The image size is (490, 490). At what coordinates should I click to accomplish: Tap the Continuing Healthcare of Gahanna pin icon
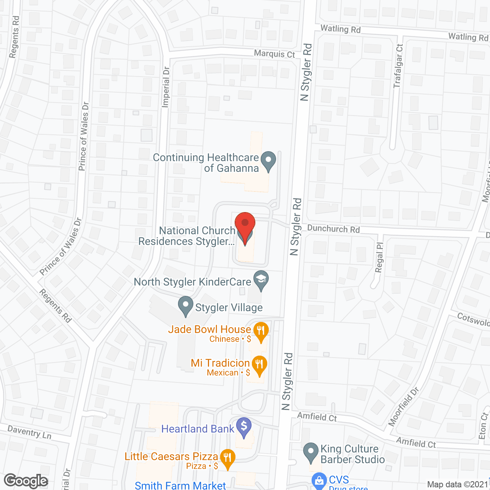point(268,161)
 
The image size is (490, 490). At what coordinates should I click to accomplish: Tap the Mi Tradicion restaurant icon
point(260,366)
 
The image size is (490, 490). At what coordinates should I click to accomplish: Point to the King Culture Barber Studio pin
point(311,452)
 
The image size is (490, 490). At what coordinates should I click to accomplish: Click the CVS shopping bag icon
point(319,481)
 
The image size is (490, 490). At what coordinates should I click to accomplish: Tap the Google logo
point(26,481)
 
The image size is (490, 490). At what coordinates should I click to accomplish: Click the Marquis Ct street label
point(274,54)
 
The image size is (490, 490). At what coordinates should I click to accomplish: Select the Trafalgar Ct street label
point(398,66)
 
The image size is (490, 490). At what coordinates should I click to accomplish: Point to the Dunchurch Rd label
point(333,229)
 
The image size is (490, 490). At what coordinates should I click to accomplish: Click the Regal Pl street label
point(379,258)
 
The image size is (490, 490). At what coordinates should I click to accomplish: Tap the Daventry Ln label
point(29,432)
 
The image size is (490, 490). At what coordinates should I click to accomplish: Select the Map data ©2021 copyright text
point(457,484)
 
